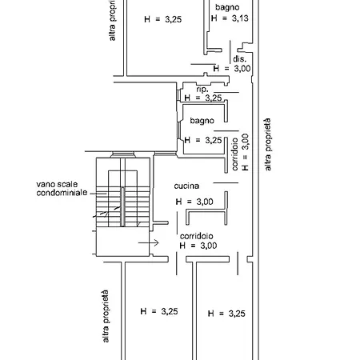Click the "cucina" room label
click(x=186, y=186)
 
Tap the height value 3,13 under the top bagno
click(x=240, y=18)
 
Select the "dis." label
click(x=239, y=58)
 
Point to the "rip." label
click(x=202, y=90)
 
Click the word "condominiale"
click(x=62, y=192)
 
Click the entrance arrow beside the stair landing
click(x=149, y=242)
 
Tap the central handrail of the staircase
click(x=122, y=206)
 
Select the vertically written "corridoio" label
click(x=234, y=154)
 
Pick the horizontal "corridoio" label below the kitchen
click(x=197, y=236)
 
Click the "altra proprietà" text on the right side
click(x=268, y=144)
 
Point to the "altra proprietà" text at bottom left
click(x=106, y=316)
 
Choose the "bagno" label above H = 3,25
click(x=202, y=121)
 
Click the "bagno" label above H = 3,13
click(x=227, y=7)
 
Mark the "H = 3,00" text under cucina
click(x=194, y=202)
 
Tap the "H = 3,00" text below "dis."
click(x=232, y=69)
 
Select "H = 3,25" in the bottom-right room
click(x=226, y=314)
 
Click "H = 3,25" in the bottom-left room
click(x=159, y=311)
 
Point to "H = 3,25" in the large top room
click(x=162, y=19)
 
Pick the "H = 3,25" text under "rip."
click(x=203, y=98)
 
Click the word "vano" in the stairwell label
click(x=46, y=184)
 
